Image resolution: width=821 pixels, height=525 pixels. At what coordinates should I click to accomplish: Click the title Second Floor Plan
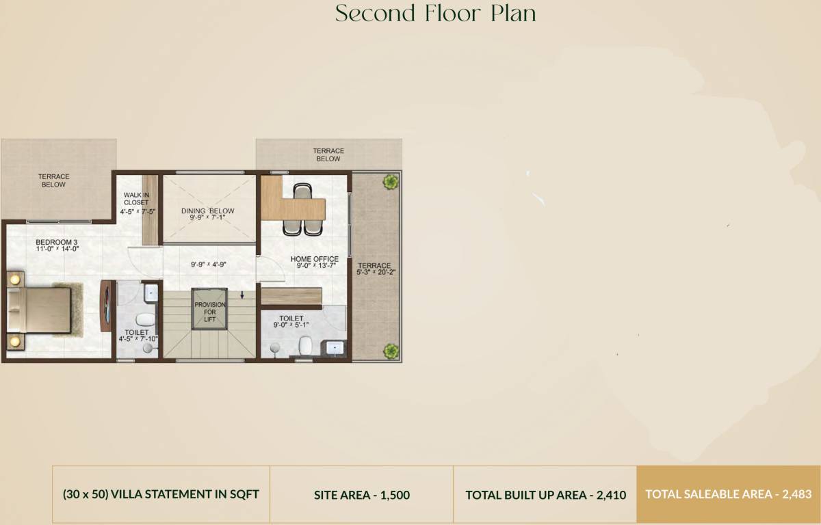click(x=435, y=14)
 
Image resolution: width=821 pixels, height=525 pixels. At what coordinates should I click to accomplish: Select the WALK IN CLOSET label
click(x=135, y=199)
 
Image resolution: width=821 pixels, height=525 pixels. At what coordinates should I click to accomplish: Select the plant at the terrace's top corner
click(x=391, y=182)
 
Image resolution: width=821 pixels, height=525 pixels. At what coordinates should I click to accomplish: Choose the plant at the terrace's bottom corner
click(x=391, y=351)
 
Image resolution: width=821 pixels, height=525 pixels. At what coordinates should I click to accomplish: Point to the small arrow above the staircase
click(x=242, y=295)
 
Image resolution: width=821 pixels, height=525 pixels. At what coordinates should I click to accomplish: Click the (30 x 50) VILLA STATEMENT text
click(x=161, y=494)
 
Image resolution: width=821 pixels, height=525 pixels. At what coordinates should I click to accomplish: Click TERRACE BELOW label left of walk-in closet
click(x=53, y=180)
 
